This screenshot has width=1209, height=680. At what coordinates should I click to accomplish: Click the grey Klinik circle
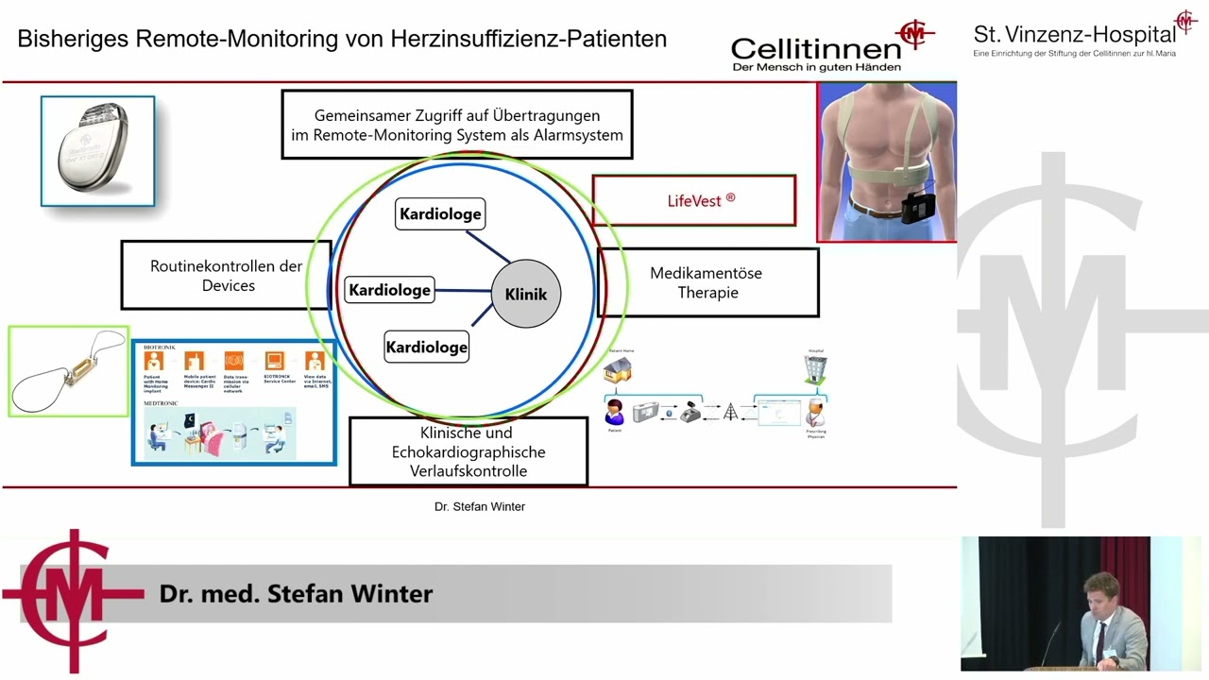526,294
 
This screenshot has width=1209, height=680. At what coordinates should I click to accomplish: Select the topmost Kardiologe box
439,214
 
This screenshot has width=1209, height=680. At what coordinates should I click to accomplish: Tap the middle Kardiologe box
390,290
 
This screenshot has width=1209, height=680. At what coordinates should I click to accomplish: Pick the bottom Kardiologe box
426,347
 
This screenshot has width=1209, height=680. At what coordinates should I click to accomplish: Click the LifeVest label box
694,200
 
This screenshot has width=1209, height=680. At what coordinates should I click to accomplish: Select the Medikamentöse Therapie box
707,282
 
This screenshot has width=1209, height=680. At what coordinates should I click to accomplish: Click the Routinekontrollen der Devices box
227,275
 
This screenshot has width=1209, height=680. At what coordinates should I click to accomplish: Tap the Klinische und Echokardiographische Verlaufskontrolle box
468,451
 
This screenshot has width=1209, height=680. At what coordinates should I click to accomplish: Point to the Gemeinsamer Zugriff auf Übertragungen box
457,125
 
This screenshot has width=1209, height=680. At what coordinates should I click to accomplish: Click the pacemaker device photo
97,151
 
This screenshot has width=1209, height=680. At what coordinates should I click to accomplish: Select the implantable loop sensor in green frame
68,371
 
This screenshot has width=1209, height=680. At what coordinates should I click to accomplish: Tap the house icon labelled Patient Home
619,369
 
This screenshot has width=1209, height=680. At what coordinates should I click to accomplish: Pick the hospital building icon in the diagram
814,369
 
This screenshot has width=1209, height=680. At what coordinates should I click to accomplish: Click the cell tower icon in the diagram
730,413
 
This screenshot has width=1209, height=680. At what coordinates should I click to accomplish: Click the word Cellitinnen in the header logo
815,48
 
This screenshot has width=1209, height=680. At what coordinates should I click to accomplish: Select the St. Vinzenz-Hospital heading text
1074,35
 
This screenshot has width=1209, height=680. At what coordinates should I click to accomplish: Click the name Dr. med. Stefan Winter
296,593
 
